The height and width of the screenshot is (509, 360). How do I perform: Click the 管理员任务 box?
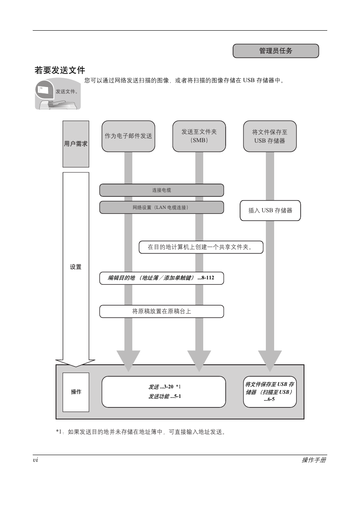(x=276, y=51)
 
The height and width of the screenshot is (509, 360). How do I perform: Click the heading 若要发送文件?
(x=60, y=70)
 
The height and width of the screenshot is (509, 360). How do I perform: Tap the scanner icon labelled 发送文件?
(x=58, y=94)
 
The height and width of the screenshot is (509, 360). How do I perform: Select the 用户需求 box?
(x=76, y=144)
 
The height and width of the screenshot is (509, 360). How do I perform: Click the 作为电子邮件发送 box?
(x=128, y=136)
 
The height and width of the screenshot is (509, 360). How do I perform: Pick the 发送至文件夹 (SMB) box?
(x=199, y=136)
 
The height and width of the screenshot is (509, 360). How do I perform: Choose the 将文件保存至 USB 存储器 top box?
(x=270, y=136)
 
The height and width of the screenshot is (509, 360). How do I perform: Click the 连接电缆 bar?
(x=161, y=190)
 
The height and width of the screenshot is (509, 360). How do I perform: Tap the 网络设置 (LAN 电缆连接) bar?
(x=161, y=208)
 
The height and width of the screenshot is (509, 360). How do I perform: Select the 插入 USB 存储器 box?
(x=270, y=211)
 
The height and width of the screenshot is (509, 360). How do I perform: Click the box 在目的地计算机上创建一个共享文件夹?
(x=201, y=247)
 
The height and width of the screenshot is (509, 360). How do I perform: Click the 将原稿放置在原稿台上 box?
(x=161, y=311)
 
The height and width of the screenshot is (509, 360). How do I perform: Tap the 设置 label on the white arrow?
(x=76, y=267)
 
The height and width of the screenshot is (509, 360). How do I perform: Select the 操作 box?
(x=76, y=392)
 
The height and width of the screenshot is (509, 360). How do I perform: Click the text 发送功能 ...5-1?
(x=165, y=396)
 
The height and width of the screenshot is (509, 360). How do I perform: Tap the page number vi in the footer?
(x=36, y=460)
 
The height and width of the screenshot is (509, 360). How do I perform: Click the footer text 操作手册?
(x=314, y=460)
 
